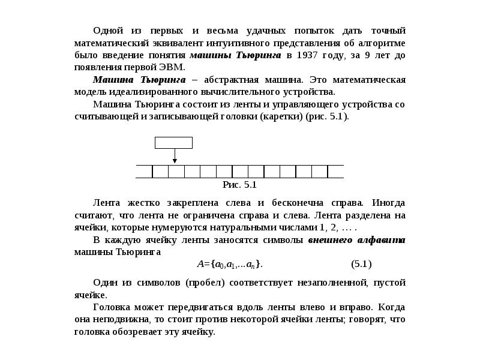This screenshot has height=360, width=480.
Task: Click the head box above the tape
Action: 173,142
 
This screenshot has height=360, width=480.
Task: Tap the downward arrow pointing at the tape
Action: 174,156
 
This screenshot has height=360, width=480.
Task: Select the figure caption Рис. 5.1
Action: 239,184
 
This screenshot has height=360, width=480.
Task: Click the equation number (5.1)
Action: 361,263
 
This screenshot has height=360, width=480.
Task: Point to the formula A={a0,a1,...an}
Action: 230,263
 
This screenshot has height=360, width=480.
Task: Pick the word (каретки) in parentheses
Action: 282,116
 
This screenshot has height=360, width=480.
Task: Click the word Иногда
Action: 388,203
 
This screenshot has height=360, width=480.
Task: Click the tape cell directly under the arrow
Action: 176,172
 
